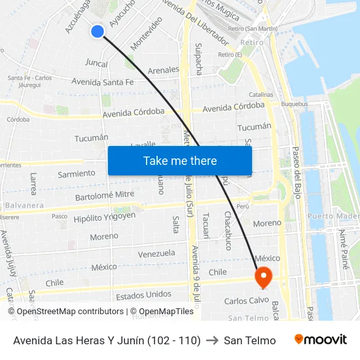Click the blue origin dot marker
tap(98, 31)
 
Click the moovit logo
tap(320, 340)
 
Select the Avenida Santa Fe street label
tap(103, 82)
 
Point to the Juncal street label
tap(96, 63)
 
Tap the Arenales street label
tap(164, 69)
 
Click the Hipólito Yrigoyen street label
tap(105, 217)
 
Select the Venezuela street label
tap(156, 253)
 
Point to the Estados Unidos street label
tap(143, 295)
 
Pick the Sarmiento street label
tap(77, 174)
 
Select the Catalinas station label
tap(261, 94)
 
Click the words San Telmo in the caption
tap(249, 340)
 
